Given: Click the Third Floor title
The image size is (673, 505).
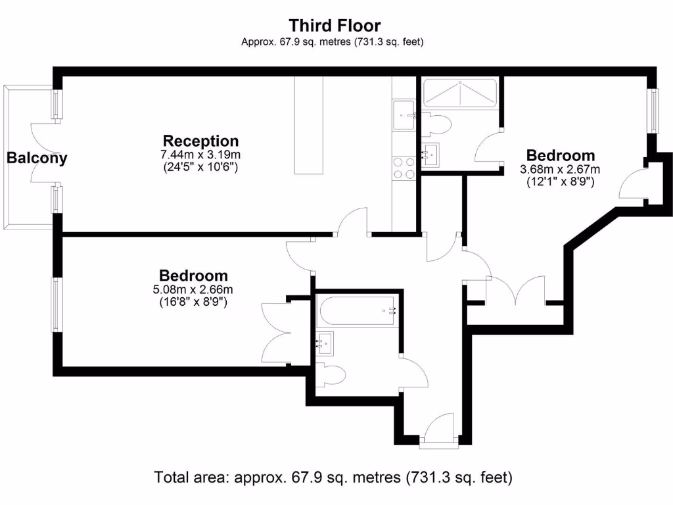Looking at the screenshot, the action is (335, 26).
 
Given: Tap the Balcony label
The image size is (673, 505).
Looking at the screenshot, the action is (37, 158).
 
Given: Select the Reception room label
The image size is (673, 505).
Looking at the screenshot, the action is (200, 141).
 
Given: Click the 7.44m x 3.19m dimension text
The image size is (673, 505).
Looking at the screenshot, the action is (200, 155).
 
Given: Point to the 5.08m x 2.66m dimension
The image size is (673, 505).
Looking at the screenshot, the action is (193, 289).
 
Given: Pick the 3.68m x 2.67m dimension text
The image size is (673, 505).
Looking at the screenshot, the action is (560, 170).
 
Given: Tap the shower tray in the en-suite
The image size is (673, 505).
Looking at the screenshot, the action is (459, 93).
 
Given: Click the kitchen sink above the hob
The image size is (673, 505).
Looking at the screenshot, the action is (403, 116).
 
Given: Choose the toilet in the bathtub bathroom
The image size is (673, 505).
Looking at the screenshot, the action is (331, 375).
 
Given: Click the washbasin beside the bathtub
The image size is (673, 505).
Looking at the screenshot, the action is (324, 343).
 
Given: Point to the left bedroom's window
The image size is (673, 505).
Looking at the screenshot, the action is (57, 304).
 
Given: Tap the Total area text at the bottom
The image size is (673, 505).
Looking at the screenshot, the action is (333, 477).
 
